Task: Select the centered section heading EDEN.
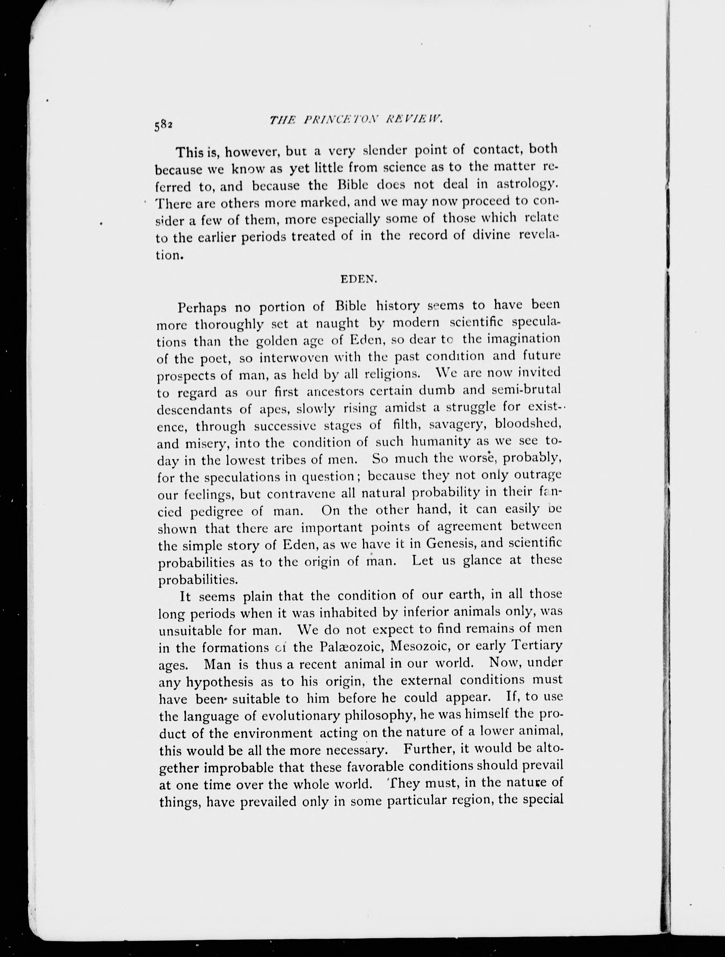(359, 279)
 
